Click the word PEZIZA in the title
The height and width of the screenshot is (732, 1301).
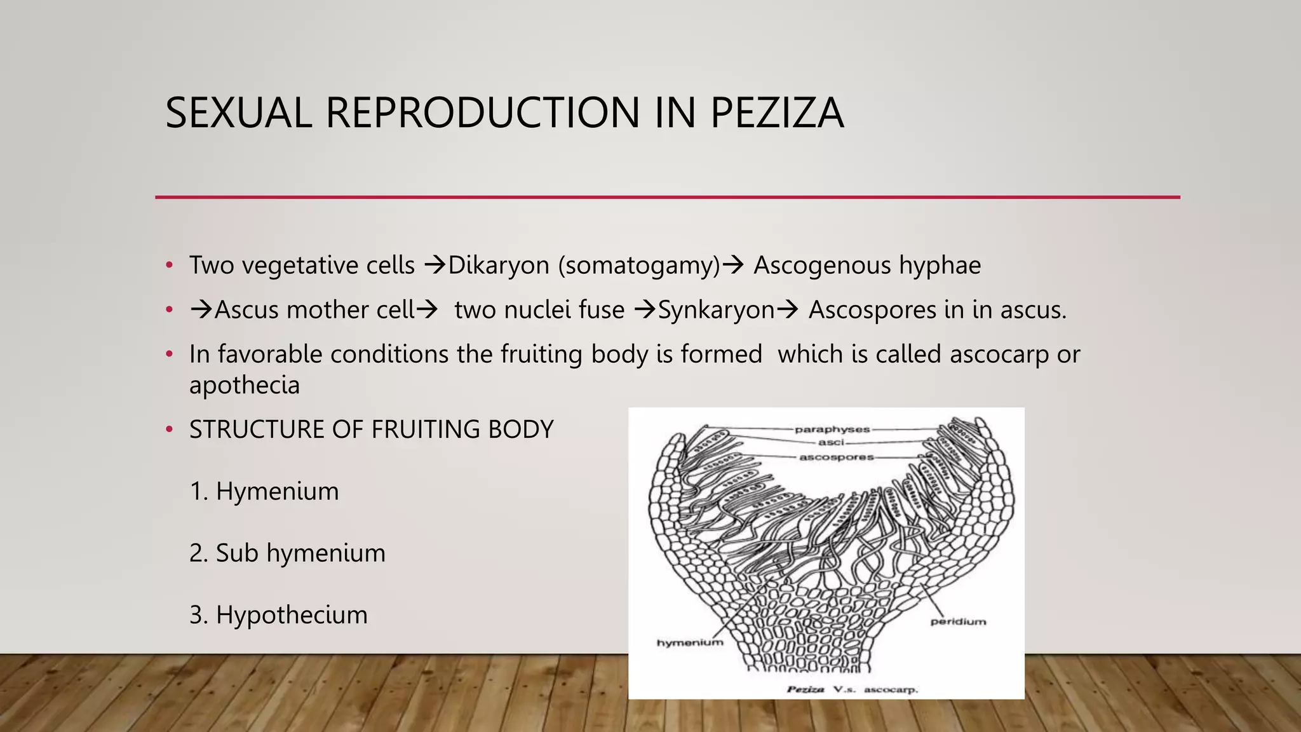click(776, 113)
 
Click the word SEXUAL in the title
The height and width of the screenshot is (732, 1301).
click(239, 113)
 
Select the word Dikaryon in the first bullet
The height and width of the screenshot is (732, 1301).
click(499, 266)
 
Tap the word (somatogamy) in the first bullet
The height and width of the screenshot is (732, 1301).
click(639, 266)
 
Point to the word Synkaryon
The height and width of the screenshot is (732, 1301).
click(716, 310)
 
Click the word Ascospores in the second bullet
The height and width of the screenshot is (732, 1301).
click(872, 310)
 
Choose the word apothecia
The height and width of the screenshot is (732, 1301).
click(244, 385)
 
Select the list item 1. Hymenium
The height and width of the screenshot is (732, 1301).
click(264, 491)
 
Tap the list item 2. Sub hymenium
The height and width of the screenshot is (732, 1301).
click(287, 553)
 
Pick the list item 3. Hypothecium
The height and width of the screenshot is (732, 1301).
click(278, 614)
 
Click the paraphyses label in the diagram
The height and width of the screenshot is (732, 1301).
click(832, 430)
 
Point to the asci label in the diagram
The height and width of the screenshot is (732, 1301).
click(831, 442)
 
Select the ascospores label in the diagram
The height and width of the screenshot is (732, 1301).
click(836, 457)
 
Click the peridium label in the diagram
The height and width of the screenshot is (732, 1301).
click(958, 621)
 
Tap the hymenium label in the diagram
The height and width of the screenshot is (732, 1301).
click(689, 642)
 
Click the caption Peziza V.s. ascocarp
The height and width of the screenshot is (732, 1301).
click(852, 689)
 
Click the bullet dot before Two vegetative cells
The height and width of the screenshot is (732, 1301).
click(169, 266)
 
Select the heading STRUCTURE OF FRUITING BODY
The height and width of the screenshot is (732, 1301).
click(371, 430)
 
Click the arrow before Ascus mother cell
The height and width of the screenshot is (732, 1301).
click(201, 310)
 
